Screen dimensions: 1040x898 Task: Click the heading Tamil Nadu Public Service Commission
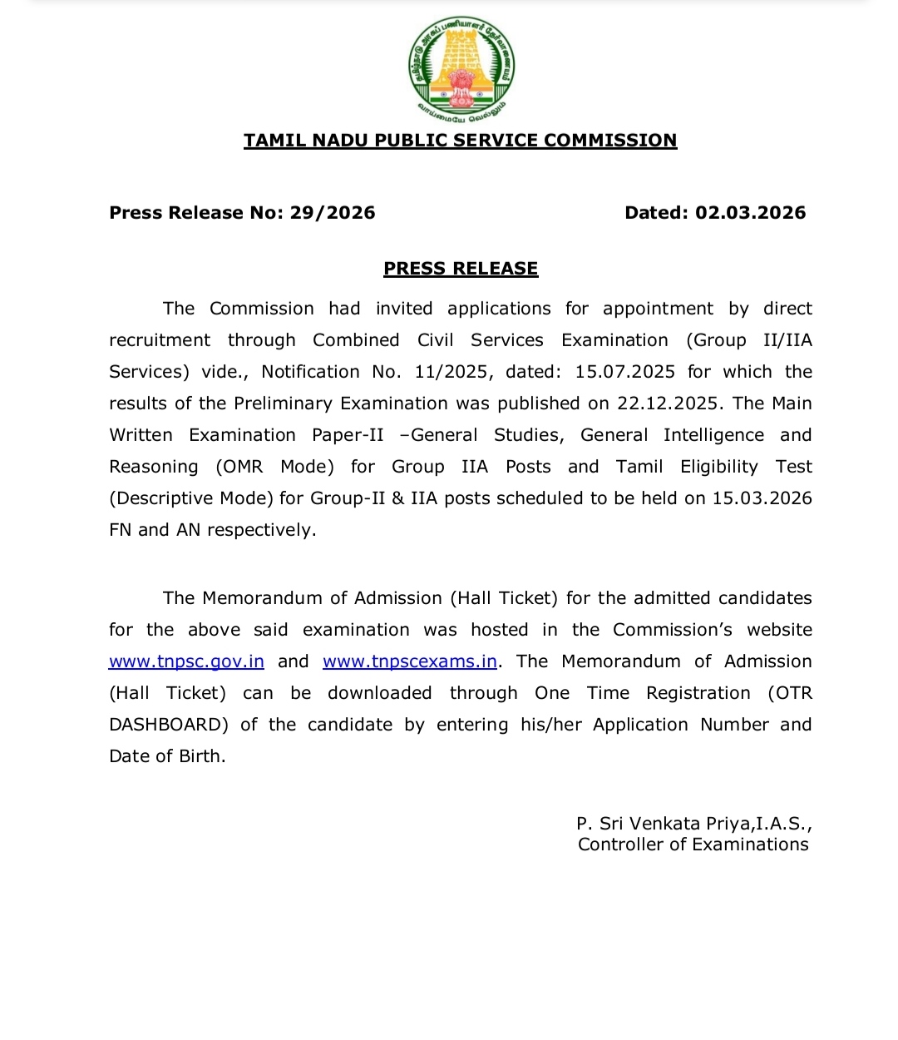coord(460,141)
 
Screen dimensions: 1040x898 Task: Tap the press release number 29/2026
coord(333,213)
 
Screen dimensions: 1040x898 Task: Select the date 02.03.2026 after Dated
coord(750,213)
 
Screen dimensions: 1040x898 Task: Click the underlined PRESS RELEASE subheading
coord(461,269)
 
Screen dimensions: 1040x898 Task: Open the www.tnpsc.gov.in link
coord(186,661)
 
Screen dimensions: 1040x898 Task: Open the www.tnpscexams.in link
coord(410,661)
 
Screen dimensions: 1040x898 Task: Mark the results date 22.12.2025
coord(669,404)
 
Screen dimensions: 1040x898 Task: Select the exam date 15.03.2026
coord(762,498)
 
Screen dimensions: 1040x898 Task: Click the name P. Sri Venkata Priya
coord(664,824)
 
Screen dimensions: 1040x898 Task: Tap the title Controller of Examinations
coord(693,844)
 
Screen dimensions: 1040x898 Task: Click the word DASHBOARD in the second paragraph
coord(168,725)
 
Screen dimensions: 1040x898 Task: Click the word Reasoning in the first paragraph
coord(154,467)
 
